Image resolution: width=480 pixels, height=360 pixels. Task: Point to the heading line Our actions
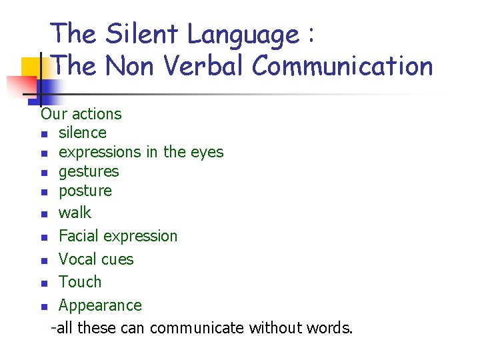[81, 114]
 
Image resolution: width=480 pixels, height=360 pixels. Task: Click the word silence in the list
[82, 133]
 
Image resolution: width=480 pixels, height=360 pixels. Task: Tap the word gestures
[89, 171]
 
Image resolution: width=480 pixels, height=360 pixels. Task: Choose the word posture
[85, 191]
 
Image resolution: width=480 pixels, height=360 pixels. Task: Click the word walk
[75, 213]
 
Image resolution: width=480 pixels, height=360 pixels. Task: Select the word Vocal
[77, 259]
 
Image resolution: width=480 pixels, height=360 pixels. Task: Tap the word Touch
[80, 282]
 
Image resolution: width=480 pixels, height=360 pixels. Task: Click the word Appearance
[100, 305]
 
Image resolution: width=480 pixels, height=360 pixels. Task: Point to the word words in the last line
[329, 328]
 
